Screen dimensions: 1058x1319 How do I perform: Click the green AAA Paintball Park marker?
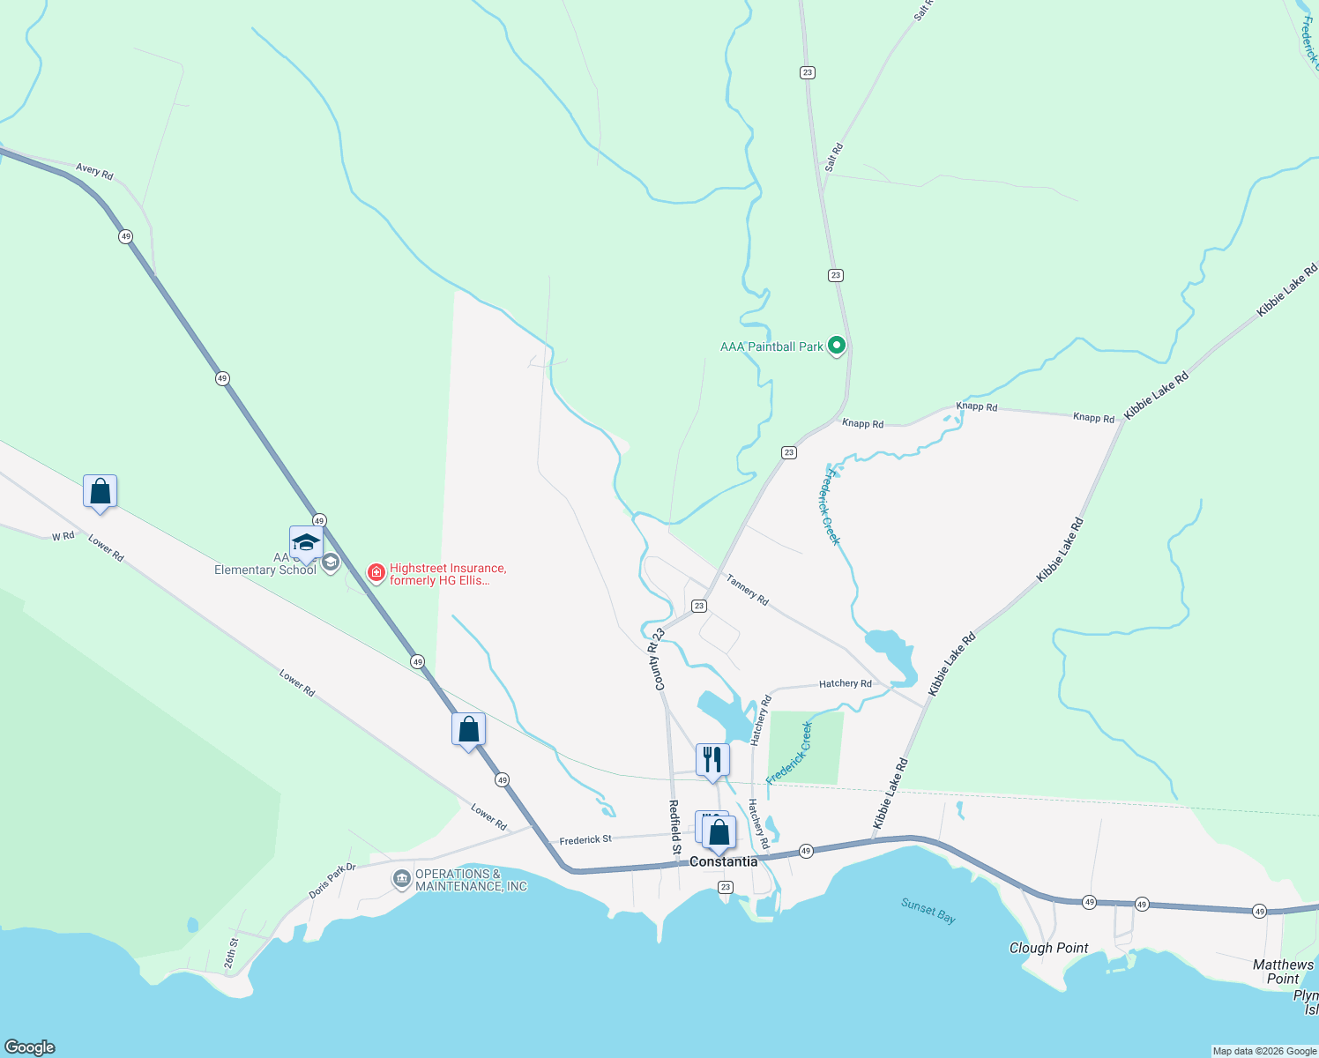click(837, 346)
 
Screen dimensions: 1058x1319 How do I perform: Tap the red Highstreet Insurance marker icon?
click(376, 574)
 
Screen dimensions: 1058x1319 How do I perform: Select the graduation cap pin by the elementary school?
click(306, 541)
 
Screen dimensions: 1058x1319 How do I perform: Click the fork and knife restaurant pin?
click(712, 759)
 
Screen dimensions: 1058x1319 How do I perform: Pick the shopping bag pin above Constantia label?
click(719, 832)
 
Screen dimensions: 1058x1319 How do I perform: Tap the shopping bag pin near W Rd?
click(101, 491)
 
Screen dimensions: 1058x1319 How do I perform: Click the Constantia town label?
click(723, 861)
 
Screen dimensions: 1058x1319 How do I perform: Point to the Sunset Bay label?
click(928, 910)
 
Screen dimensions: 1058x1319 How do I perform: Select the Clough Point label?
click(1048, 948)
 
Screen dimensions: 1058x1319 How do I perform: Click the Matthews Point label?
click(1283, 972)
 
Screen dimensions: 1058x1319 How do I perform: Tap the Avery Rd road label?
click(94, 171)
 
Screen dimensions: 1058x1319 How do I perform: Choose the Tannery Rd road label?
click(747, 589)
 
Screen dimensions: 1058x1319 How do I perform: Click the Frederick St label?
click(585, 840)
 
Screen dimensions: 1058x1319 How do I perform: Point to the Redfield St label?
click(674, 827)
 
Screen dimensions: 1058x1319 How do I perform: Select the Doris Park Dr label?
click(332, 881)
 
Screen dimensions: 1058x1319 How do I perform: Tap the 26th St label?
click(231, 953)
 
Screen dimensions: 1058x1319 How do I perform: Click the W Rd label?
click(63, 536)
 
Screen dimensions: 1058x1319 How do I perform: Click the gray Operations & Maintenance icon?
click(402, 879)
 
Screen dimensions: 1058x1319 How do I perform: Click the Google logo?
click(30, 1047)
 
